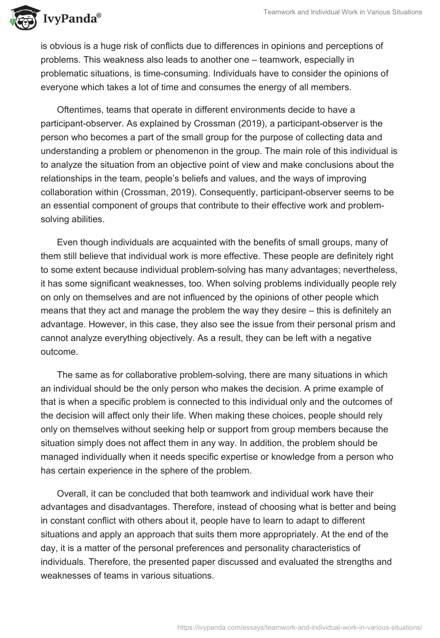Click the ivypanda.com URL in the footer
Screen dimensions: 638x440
[299, 626]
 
